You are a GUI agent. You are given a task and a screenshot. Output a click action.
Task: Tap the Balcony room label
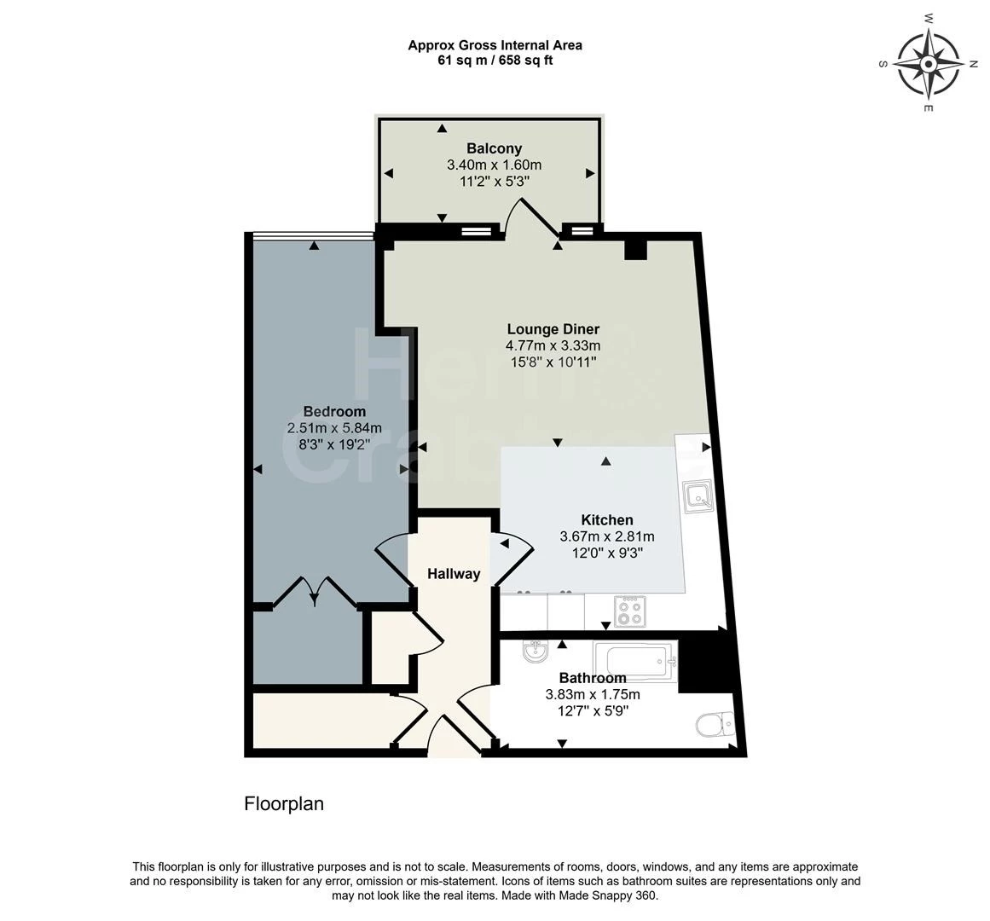[494, 148]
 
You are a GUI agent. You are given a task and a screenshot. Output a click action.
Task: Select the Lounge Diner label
[553, 329]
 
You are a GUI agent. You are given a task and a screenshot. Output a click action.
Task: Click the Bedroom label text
[334, 412]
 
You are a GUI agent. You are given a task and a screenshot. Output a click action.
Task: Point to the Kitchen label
[606, 520]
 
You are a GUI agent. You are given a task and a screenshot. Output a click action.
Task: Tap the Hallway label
[454, 574]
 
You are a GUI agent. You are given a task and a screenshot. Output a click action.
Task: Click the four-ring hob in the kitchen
[631, 611]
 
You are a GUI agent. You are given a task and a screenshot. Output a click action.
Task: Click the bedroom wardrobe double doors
[316, 590]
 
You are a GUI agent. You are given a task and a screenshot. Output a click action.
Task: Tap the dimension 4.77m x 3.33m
[553, 345]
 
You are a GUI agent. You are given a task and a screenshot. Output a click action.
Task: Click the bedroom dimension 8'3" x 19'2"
[334, 444]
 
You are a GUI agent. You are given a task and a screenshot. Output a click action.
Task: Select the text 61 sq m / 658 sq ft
[495, 61]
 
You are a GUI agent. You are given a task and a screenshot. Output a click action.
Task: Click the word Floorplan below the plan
[284, 803]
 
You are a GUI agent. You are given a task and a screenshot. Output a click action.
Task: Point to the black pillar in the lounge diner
[636, 249]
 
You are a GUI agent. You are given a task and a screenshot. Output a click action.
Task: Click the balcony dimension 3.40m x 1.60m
[494, 165]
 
